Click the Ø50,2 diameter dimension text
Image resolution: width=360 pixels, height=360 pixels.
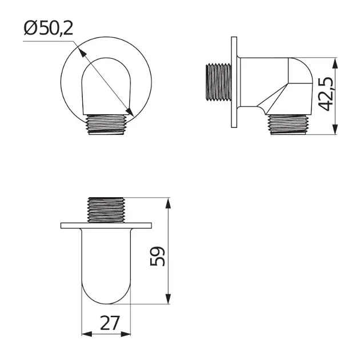(49, 29)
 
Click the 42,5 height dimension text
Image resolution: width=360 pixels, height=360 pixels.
(325, 96)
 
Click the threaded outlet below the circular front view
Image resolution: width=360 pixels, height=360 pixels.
(107, 125)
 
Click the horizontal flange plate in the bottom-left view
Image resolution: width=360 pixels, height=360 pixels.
(107, 225)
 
